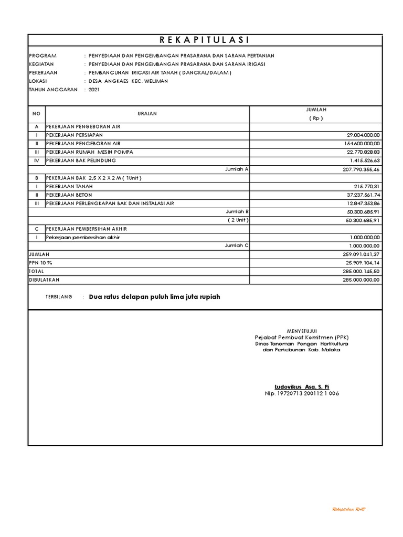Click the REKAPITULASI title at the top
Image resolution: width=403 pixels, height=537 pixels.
205,41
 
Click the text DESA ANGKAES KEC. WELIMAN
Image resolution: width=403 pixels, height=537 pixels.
129,81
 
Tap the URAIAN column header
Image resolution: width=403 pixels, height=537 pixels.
147,113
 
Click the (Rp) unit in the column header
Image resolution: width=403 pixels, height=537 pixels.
315,118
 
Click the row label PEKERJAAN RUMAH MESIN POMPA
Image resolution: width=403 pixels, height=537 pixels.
90,152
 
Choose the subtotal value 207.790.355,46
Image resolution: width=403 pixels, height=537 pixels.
361,169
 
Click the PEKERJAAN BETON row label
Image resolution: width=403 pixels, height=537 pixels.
69,194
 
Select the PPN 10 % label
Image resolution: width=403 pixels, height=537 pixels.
40,262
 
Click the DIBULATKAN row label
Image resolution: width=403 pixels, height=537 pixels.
44,280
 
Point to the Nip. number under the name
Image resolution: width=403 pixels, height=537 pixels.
302,393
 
